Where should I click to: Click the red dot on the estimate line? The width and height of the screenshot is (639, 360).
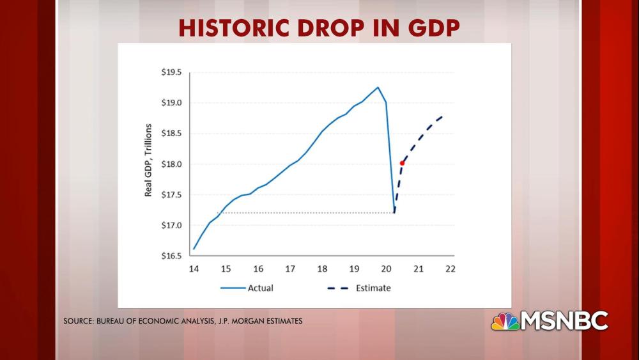402,163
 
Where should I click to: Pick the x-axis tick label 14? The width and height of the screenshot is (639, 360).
194,269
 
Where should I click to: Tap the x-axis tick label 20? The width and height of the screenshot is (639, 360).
386,269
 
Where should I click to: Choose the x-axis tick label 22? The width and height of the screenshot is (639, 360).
450,269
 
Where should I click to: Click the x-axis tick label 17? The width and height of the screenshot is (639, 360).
290,269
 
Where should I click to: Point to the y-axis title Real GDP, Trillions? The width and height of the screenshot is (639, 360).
148,160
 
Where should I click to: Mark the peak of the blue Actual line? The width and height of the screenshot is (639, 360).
378,88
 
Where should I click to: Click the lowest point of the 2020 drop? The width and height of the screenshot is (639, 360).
394,213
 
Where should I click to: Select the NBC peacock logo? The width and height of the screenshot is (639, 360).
505,321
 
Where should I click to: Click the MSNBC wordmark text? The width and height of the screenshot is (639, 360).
565,321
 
